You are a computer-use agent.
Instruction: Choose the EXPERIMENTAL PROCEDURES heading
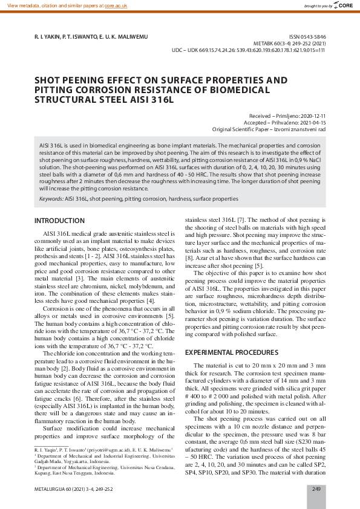(x=231, y=352)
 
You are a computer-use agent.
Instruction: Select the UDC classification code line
(x=249, y=51)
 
